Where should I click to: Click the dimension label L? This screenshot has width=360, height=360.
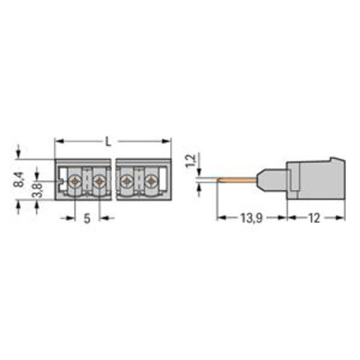tap(108, 141)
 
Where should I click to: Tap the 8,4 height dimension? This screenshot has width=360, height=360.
tap(19, 180)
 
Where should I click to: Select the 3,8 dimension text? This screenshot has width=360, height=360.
tap(37, 190)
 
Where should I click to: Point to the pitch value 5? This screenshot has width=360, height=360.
tap(87, 219)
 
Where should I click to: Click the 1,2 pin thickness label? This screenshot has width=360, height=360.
tap(191, 161)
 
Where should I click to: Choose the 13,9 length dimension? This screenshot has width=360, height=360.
tap(252, 218)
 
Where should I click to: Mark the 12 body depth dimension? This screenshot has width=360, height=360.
tap(315, 218)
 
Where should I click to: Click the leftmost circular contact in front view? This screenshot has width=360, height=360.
tap(75, 181)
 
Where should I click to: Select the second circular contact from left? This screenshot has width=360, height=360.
tap(99, 181)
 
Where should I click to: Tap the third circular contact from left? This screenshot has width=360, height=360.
tap(127, 181)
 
